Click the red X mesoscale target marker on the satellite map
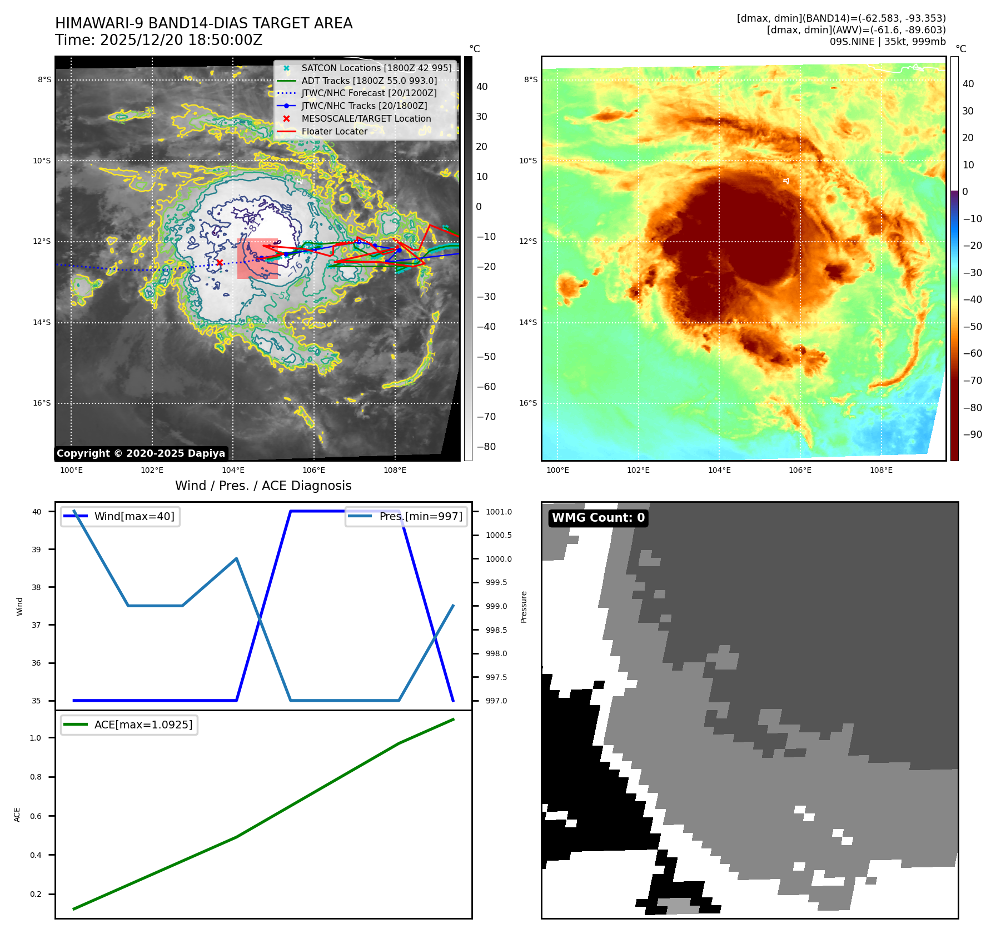click(x=220, y=263)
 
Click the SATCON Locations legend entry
click(x=376, y=68)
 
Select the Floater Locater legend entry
click(x=334, y=132)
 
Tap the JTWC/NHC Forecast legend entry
click(x=368, y=93)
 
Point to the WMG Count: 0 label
click(x=598, y=518)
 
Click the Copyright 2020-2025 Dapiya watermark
click(x=141, y=453)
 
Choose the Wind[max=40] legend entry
click(x=134, y=517)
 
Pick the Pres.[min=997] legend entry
click(x=420, y=517)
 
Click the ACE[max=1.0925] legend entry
click(x=143, y=725)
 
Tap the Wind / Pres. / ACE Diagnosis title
click(x=263, y=486)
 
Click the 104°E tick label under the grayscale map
click(x=233, y=471)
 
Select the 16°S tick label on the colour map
click(x=528, y=403)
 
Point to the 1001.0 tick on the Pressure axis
click(x=499, y=512)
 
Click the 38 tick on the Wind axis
click(x=36, y=587)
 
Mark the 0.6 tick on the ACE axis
click(x=36, y=816)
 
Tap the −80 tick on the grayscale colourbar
click(x=486, y=447)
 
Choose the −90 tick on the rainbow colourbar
click(x=972, y=434)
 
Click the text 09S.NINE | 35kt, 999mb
click(x=887, y=42)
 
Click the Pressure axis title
click(x=524, y=607)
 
